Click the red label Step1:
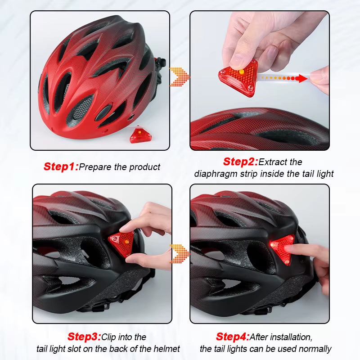[x=61, y=167]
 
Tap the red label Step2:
[x=240, y=162]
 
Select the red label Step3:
[x=84, y=337]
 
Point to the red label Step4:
[x=233, y=337]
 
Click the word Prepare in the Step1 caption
[x=95, y=167]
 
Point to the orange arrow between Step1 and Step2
[x=179, y=76]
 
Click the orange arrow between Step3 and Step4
[x=179, y=254]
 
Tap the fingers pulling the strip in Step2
[x=321, y=79]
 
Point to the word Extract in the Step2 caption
[x=273, y=162]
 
